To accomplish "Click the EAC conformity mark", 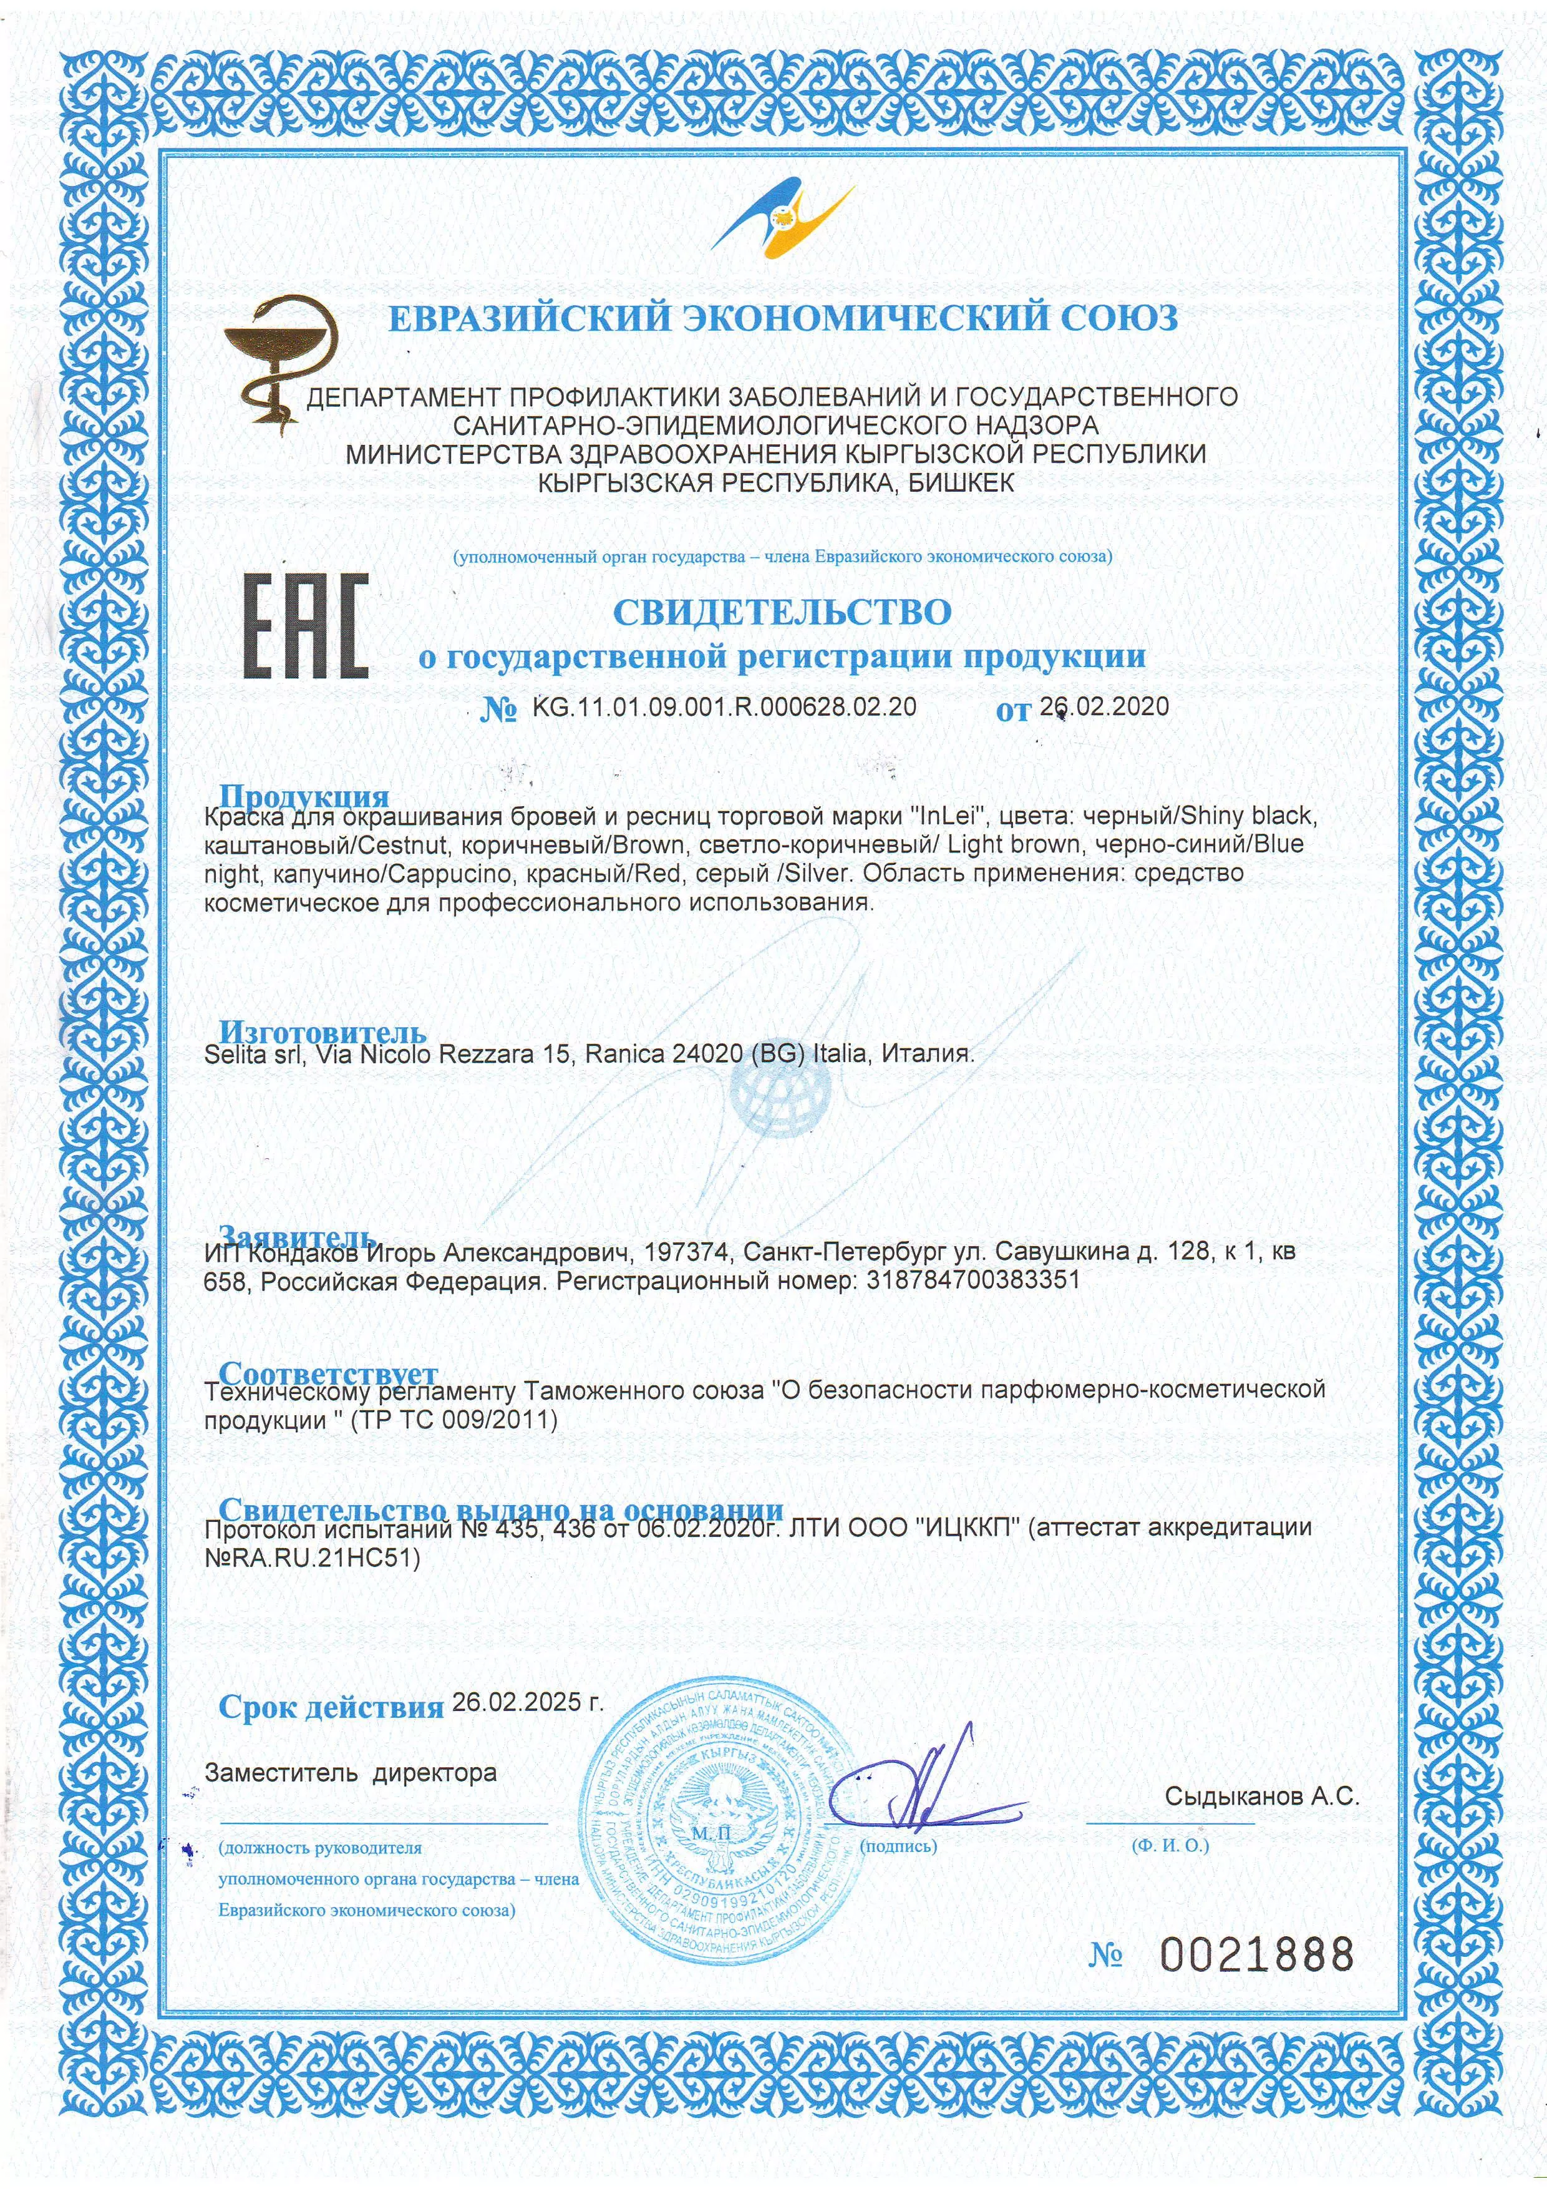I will pos(306,626).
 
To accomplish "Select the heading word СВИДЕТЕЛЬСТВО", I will pos(782,612).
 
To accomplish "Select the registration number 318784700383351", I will pos(972,1279).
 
